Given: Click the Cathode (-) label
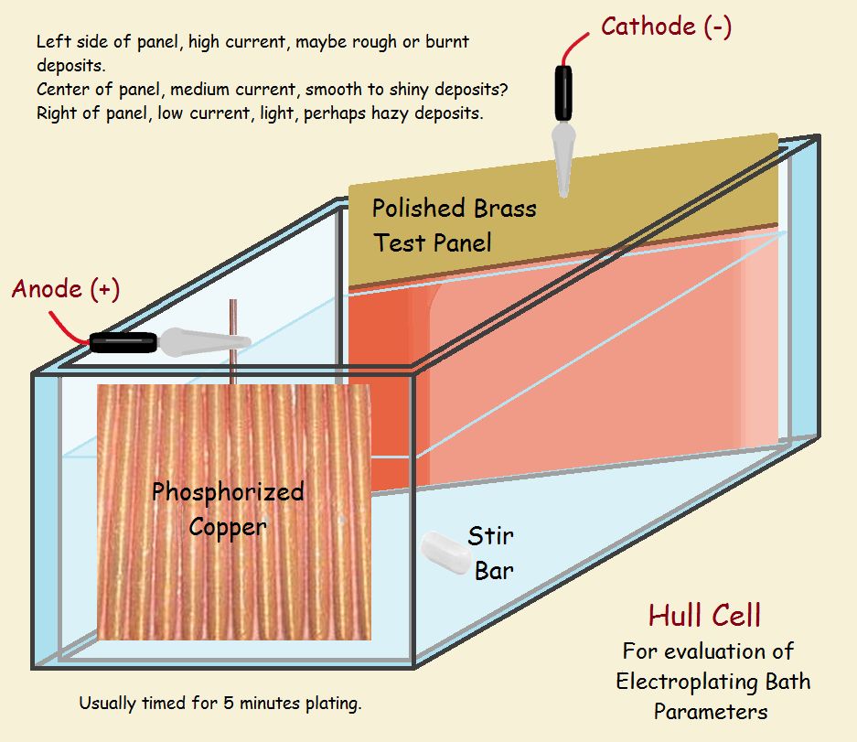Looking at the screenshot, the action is (666, 27).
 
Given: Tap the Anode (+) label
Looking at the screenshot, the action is (66, 289).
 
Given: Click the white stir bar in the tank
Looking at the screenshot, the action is (445, 553).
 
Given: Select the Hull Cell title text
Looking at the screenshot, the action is (704, 616).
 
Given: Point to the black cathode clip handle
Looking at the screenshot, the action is (563, 93).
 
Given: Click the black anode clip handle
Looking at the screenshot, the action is (123, 342).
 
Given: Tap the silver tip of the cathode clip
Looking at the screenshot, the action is (563, 158).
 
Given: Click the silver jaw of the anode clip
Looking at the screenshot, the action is (204, 342).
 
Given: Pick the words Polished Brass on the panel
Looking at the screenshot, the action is (455, 209).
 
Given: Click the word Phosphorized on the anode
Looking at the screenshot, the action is (228, 491).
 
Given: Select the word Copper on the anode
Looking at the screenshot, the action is (228, 527).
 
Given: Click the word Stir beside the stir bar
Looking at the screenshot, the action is (490, 536).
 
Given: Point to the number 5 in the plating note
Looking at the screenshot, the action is (229, 703).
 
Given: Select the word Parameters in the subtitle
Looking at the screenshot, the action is (711, 712).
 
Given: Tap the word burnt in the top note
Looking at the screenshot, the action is (447, 41).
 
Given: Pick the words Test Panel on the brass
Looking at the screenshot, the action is (433, 242).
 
